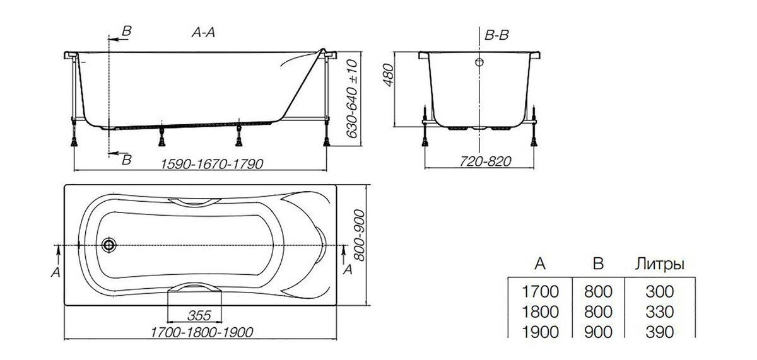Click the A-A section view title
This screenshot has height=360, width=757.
pyautogui.click(x=203, y=32)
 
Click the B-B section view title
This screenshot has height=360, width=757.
pyautogui.click(x=496, y=35)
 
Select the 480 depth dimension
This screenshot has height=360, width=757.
pyautogui.click(x=389, y=75)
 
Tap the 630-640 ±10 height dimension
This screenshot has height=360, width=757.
pyautogui.click(x=352, y=99)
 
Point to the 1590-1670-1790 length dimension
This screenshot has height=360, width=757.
pyautogui.click(x=211, y=164)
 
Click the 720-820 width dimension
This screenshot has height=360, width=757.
pyautogui.click(x=485, y=161)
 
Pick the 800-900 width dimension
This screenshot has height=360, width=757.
pyautogui.click(x=360, y=235)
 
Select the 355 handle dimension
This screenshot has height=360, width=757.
pyautogui.click(x=199, y=315)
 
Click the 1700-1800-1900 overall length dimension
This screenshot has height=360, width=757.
pyautogui.click(x=202, y=332)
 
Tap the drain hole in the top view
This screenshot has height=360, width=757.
pyautogui.click(x=109, y=245)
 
